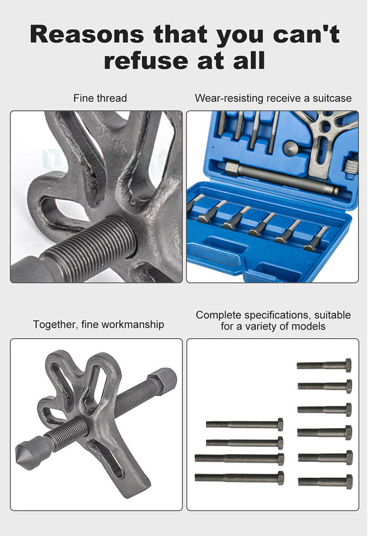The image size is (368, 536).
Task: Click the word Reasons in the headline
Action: click(86, 35)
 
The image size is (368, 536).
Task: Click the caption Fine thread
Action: click(100, 98)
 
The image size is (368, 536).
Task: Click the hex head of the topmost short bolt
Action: click(348, 365)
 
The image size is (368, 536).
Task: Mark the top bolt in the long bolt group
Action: click(244, 424)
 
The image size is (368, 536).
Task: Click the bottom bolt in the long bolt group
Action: click(239, 478)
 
